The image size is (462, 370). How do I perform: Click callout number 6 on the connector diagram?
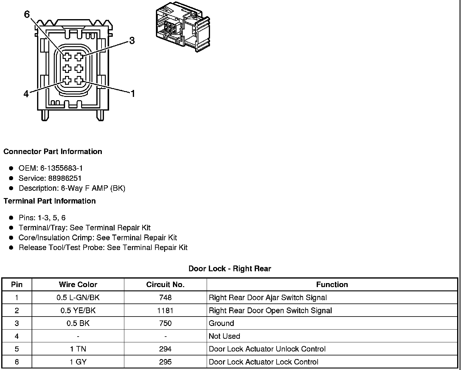[x=27, y=14]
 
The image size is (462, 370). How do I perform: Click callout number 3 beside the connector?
[x=132, y=41]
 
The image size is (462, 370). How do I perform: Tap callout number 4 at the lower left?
[x=26, y=94]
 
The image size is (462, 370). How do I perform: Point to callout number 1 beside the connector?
[x=133, y=94]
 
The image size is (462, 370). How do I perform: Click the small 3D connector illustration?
[x=183, y=27]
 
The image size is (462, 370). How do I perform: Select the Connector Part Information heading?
[x=53, y=152]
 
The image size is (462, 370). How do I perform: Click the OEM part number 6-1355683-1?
[x=61, y=168]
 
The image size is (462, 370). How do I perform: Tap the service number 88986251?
[x=65, y=178]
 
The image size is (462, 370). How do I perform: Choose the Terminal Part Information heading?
[x=50, y=201]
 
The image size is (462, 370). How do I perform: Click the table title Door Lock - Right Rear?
[x=230, y=269]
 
